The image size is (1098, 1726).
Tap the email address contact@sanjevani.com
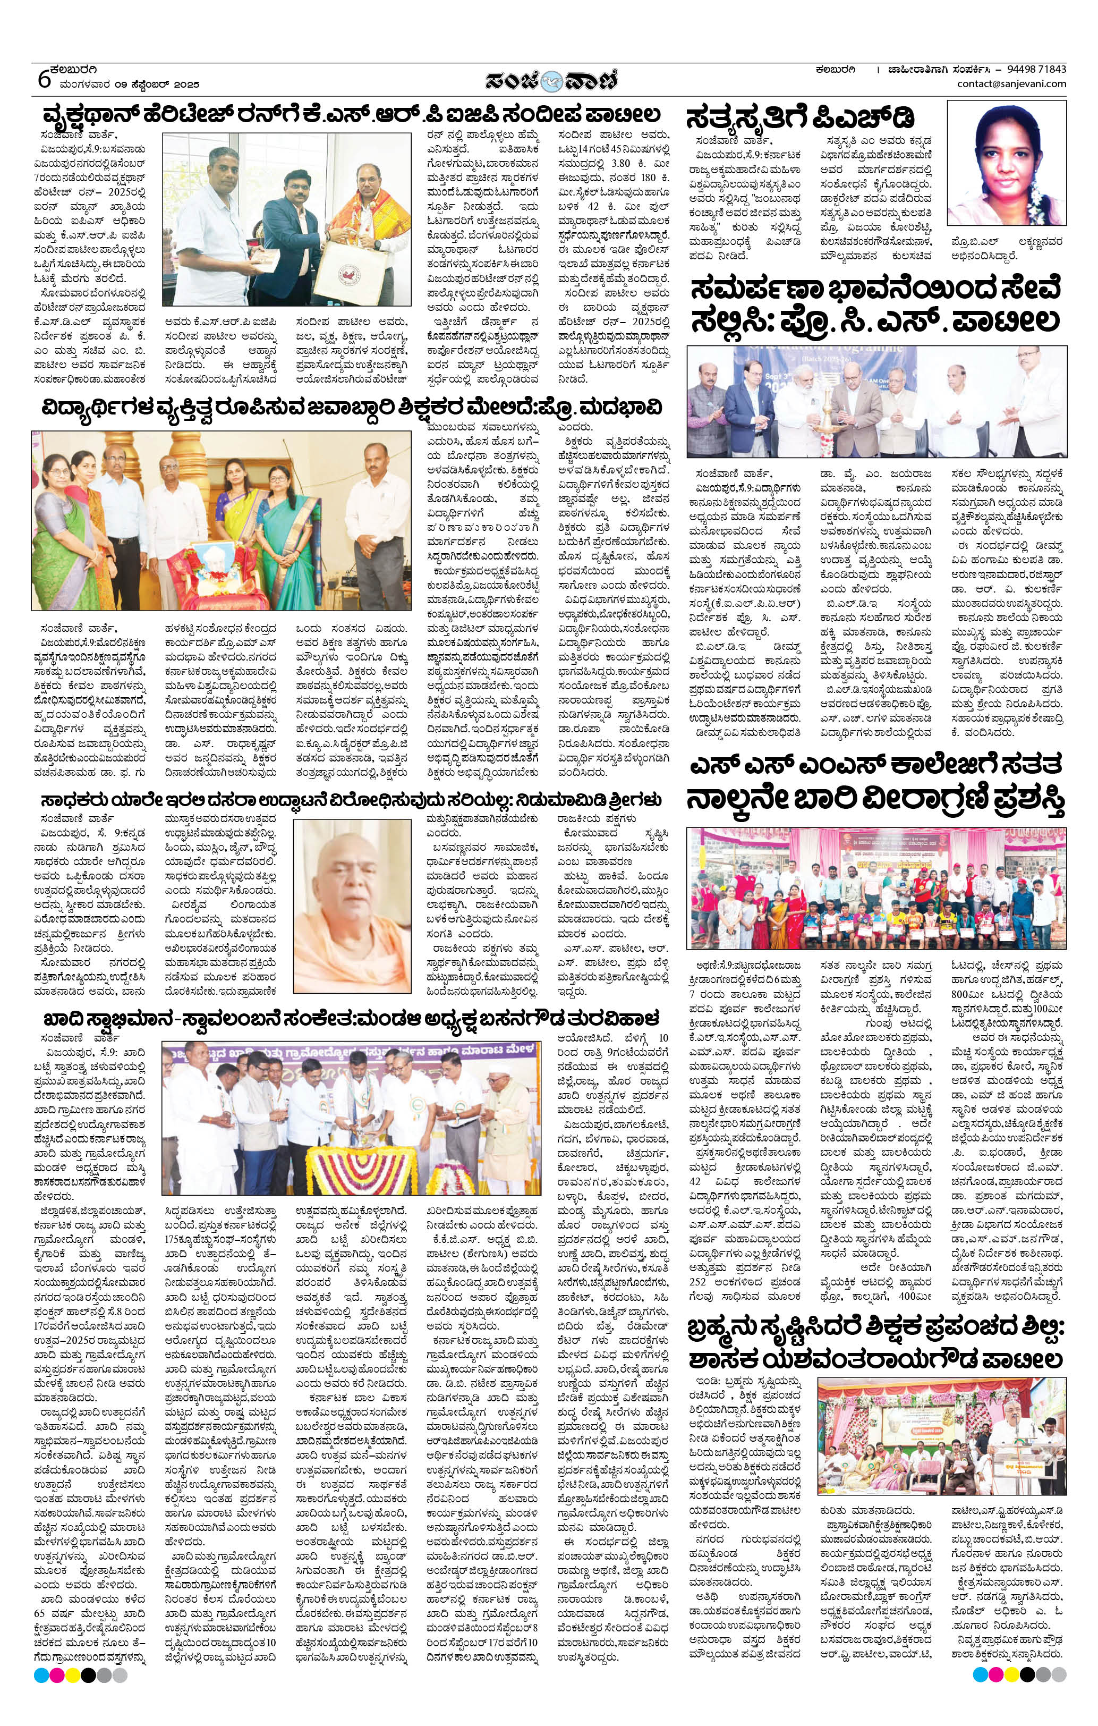coord(1010,84)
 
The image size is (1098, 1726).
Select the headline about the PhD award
coord(801,119)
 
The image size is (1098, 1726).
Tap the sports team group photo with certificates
coord(876,889)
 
